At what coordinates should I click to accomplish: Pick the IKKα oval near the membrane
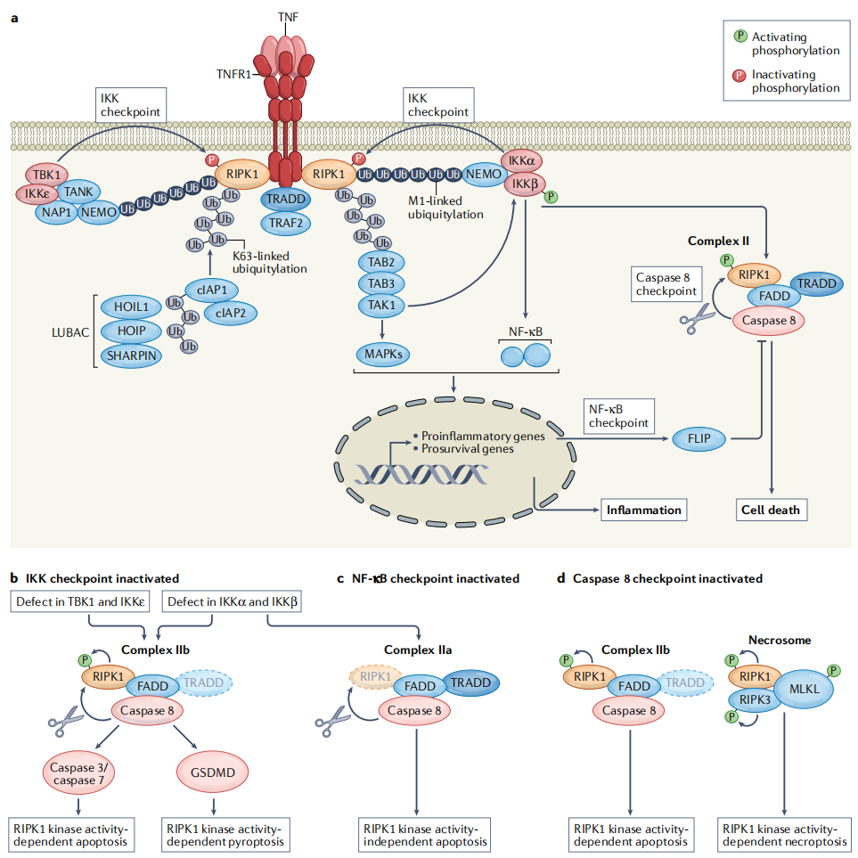(522, 160)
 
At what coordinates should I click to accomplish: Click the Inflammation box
(643, 511)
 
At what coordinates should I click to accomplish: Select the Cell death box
(771, 511)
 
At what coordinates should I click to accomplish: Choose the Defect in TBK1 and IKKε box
(80, 602)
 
